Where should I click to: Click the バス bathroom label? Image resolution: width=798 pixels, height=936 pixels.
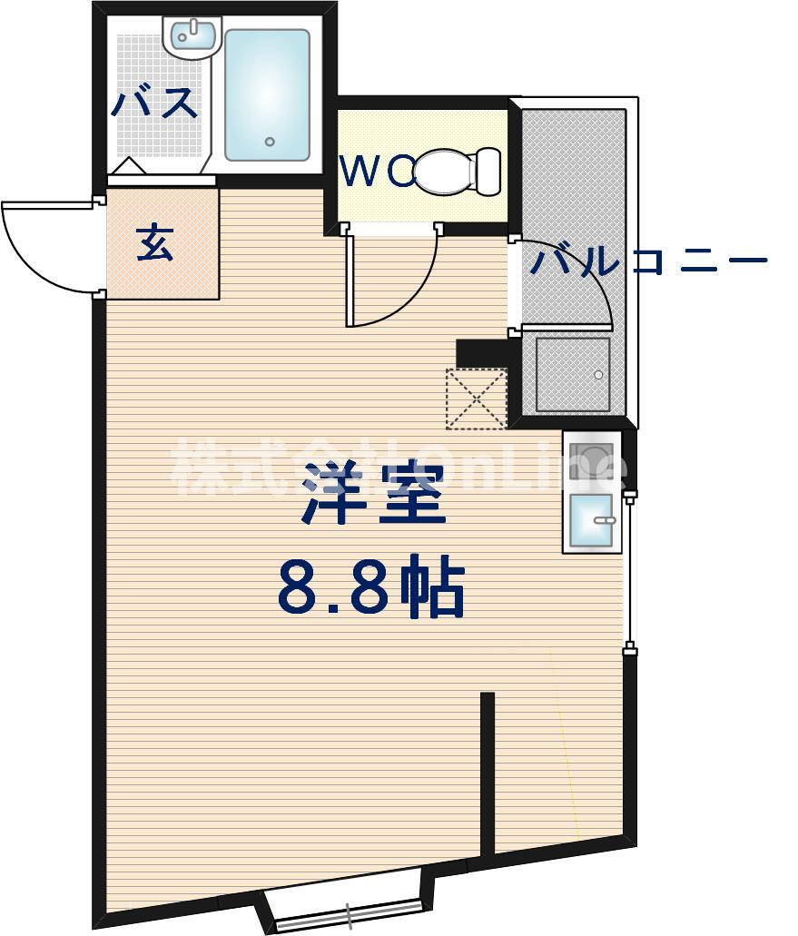coord(154,102)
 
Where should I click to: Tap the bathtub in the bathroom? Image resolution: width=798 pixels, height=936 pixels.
coord(267,94)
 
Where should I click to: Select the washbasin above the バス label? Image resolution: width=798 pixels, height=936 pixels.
coord(192,37)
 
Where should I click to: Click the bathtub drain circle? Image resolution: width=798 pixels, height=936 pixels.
coord(270,142)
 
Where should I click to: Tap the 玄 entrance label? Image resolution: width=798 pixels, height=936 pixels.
coord(155,245)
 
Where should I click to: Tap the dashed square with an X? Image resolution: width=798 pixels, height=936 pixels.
coord(476,399)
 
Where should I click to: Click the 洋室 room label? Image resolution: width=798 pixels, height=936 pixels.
coord(374,493)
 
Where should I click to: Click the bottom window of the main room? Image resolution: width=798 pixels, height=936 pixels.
coord(348,911)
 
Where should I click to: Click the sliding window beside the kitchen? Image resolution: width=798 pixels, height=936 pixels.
coord(630,572)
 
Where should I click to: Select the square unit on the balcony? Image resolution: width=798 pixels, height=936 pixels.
coord(572,374)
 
